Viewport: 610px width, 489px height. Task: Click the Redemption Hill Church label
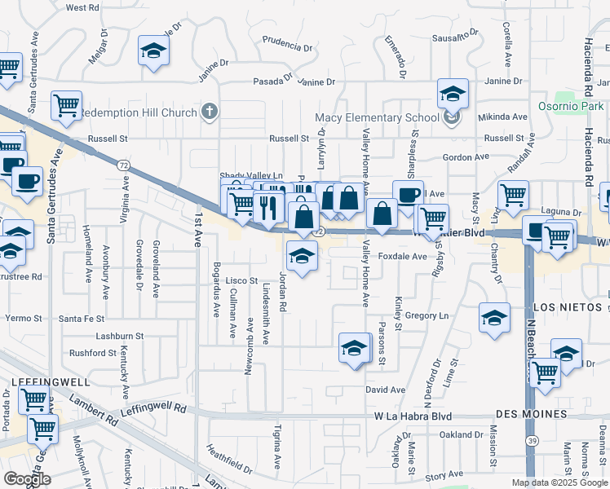tap(139, 112)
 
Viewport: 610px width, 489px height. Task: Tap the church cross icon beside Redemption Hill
tap(210, 112)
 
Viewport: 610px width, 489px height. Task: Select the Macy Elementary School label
tap(378, 117)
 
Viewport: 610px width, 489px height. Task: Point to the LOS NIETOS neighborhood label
tap(568, 307)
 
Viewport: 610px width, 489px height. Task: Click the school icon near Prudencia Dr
tap(152, 51)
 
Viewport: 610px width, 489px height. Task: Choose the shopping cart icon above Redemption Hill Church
tap(66, 104)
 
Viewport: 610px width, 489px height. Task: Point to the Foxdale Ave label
tap(403, 256)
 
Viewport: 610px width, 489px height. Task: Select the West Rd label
tap(82, 7)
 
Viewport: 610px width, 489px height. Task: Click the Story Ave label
tap(444, 474)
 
